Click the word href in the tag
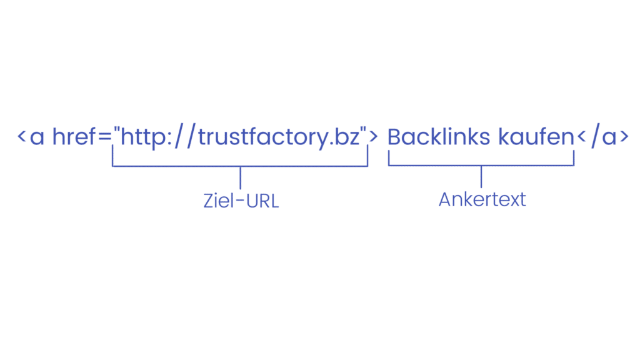pos(74,136)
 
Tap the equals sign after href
pos(105,137)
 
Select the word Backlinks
pos(438,136)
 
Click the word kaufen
pos(536,136)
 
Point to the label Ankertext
pos(482,199)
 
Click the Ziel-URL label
pos(241,201)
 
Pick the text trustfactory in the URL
pos(263,137)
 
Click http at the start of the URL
pos(143,137)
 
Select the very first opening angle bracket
pos(22,136)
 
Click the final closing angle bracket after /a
pos(624,136)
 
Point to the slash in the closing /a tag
pos(596,136)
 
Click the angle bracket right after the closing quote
pos(374,136)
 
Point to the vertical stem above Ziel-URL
pos(241,177)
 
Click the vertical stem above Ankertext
pos(481,177)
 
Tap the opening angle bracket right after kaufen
pos(582,136)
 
